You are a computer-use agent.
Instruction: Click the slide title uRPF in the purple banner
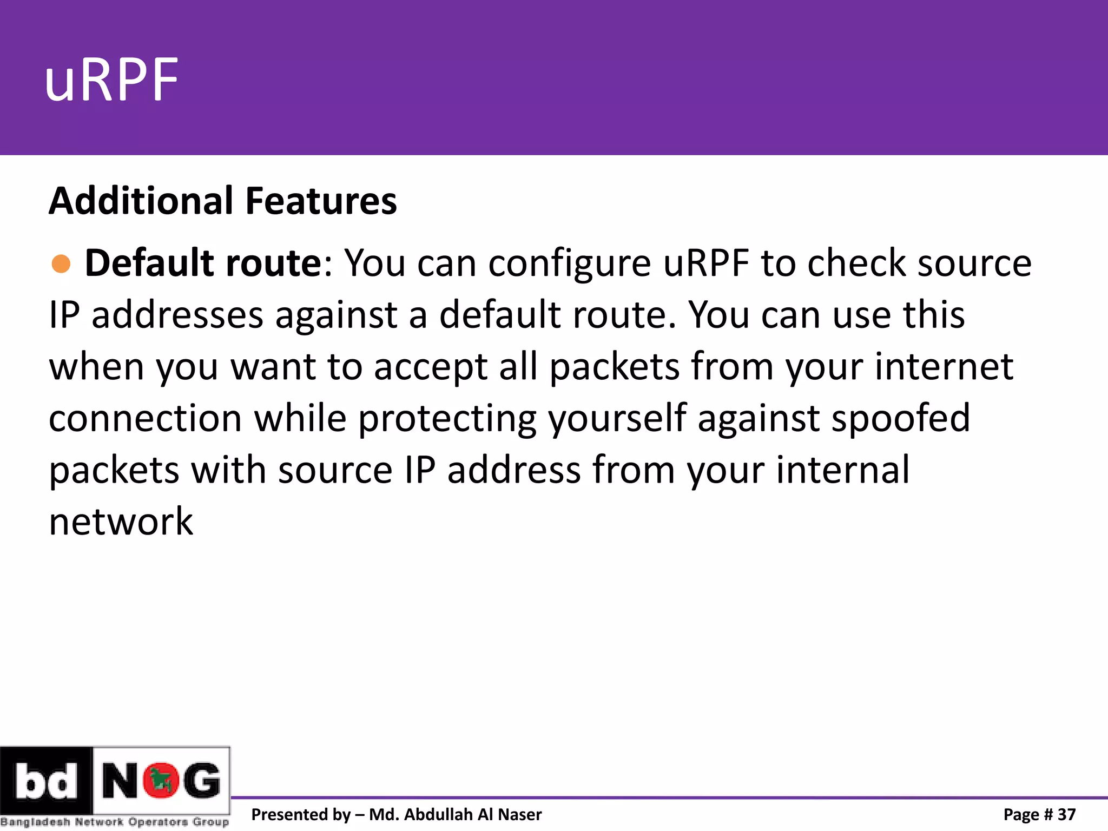pos(111,81)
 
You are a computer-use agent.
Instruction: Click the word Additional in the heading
pos(141,201)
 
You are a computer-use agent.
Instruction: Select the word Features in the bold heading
pos(321,201)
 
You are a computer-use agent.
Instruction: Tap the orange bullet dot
pos(61,263)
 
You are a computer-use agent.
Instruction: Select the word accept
pos(431,367)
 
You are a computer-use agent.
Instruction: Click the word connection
pos(145,419)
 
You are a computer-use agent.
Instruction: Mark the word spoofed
pos(901,419)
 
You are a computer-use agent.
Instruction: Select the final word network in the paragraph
pos(121,522)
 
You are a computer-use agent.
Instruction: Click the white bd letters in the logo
pos(46,781)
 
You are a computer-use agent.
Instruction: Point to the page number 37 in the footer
pos(1066,814)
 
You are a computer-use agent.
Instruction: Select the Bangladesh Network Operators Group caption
pos(115,822)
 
